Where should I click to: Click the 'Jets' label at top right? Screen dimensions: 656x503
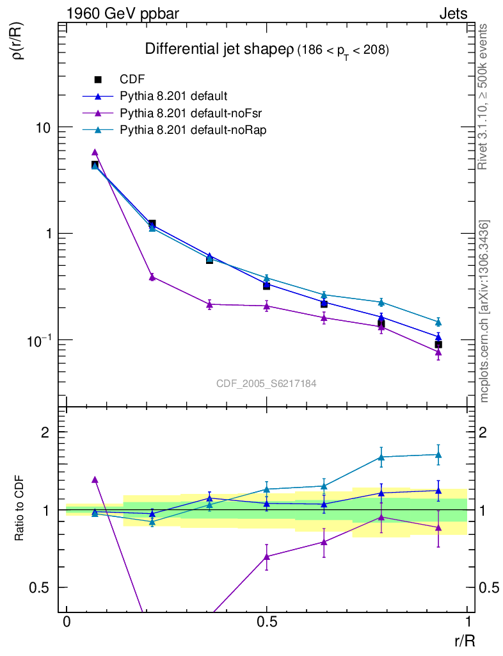pyautogui.click(x=452, y=13)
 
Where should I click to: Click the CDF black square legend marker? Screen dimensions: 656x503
pyautogui.click(x=98, y=79)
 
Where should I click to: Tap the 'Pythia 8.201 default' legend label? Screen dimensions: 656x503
pyautogui.click(x=173, y=97)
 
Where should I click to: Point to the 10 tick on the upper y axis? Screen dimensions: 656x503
pyautogui.click(x=44, y=127)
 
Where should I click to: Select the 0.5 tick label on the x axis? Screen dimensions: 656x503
pyautogui.click(x=267, y=621)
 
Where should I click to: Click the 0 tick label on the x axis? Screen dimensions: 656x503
pyautogui.click(x=67, y=621)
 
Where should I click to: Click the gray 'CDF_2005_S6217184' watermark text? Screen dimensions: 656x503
pyautogui.click(x=266, y=384)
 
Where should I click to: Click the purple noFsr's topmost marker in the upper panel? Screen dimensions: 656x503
pyautogui.click(x=95, y=152)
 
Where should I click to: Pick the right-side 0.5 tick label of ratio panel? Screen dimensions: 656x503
pyautogui.click(x=489, y=587)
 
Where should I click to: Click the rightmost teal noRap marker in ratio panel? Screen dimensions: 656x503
pyautogui.click(x=438, y=455)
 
